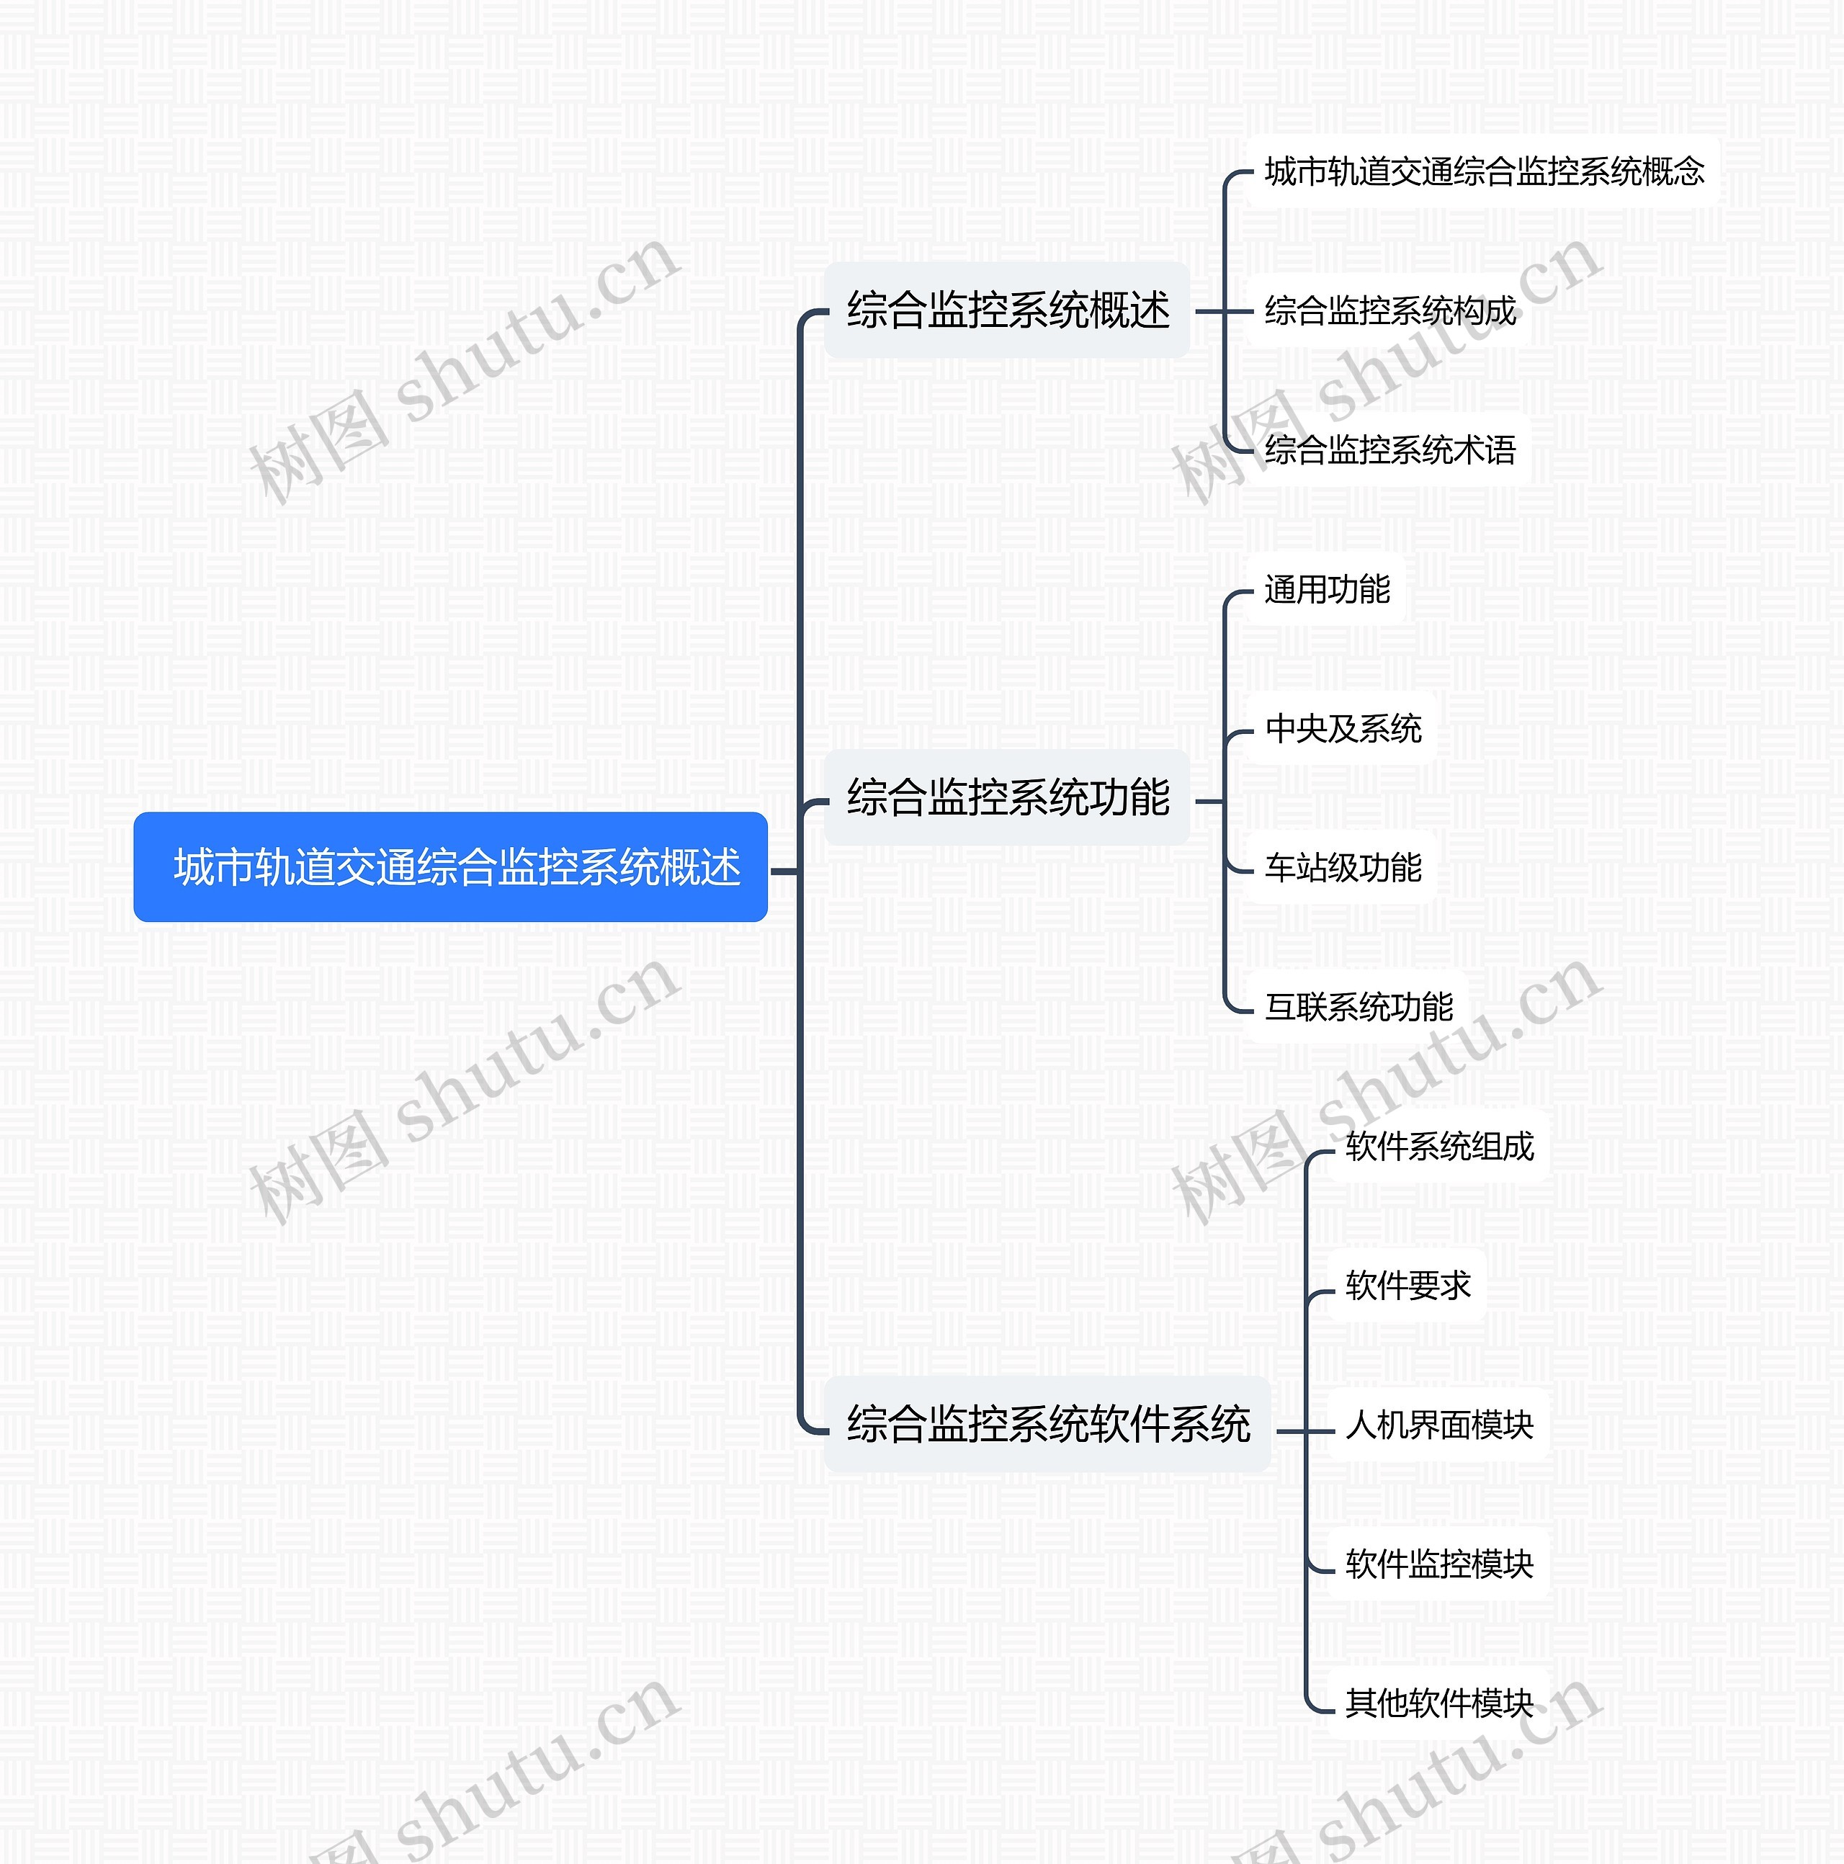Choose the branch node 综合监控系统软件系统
pyautogui.click(x=1047, y=1424)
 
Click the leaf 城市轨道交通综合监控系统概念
pyautogui.click(x=1483, y=171)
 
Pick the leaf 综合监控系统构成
pyautogui.click(x=1389, y=310)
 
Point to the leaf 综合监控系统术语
pyautogui.click(x=1389, y=449)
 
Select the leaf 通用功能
pyautogui.click(x=1326, y=589)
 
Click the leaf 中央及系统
pyautogui.click(x=1342, y=728)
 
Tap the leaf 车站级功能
pyautogui.click(x=1342, y=867)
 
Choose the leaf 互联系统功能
pyautogui.click(x=1358, y=1006)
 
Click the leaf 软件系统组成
pyautogui.click(x=1438, y=1146)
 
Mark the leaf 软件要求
pyautogui.click(x=1407, y=1285)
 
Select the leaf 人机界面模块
pyautogui.click(x=1438, y=1424)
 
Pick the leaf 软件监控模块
pyautogui.click(x=1438, y=1564)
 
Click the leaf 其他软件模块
pyautogui.click(x=1438, y=1703)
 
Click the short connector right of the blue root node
pyautogui.click(x=784, y=871)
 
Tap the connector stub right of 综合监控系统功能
pyautogui.click(x=1209, y=801)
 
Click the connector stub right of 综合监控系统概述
pyautogui.click(x=1209, y=312)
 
